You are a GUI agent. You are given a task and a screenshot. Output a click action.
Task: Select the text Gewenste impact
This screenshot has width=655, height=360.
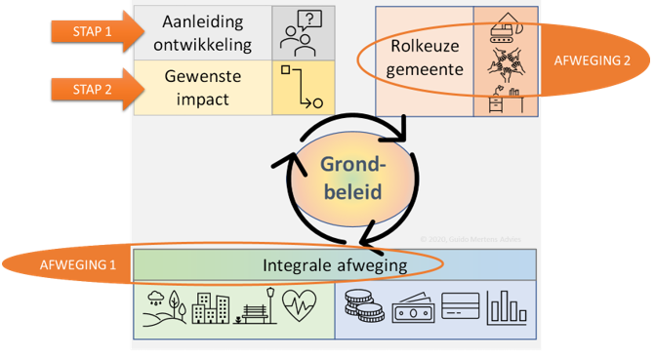(x=203, y=87)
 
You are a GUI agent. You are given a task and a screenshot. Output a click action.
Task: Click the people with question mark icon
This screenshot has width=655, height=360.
(x=299, y=32)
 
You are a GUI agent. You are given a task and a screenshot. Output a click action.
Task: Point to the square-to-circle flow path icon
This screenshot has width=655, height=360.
(x=299, y=87)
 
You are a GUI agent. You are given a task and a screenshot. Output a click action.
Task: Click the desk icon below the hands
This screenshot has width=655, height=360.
(x=504, y=99)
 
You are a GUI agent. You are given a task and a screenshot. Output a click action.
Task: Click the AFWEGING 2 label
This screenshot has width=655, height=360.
(x=592, y=60)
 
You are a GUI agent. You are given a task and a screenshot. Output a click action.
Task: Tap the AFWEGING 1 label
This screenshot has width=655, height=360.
(x=74, y=265)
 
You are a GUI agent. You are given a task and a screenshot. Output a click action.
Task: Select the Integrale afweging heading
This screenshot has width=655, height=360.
(x=334, y=264)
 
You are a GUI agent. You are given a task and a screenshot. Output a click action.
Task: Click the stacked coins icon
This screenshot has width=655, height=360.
(x=363, y=309)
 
